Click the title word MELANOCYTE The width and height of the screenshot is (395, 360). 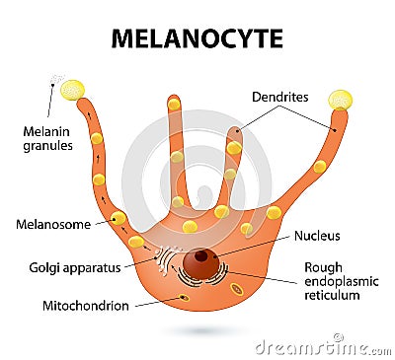(x=197, y=38)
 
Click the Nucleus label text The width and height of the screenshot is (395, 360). (x=318, y=236)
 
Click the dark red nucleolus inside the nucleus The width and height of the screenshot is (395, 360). (x=201, y=256)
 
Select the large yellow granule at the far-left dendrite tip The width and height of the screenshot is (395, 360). (x=72, y=91)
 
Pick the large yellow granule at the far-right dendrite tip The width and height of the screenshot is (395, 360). (x=340, y=100)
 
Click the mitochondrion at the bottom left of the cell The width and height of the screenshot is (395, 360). (x=184, y=297)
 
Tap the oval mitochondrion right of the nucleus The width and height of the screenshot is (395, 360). (x=237, y=289)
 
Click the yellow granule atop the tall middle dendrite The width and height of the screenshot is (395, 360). (x=174, y=104)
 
